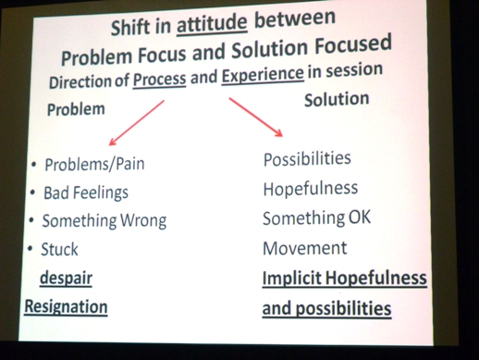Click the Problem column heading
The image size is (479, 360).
click(76, 107)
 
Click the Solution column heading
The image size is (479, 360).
click(337, 99)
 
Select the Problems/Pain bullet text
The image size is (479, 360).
click(93, 166)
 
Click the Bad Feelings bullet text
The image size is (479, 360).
click(85, 193)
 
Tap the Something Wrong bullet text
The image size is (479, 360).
click(104, 221)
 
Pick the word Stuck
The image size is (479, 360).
click(60, 249)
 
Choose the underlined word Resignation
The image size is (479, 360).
click(66, 306)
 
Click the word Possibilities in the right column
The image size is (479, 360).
click(307, 159)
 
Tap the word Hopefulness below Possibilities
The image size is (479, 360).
click(310, 188)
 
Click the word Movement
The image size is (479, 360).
click(304, 248)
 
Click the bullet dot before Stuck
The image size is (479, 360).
click(31, 249)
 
